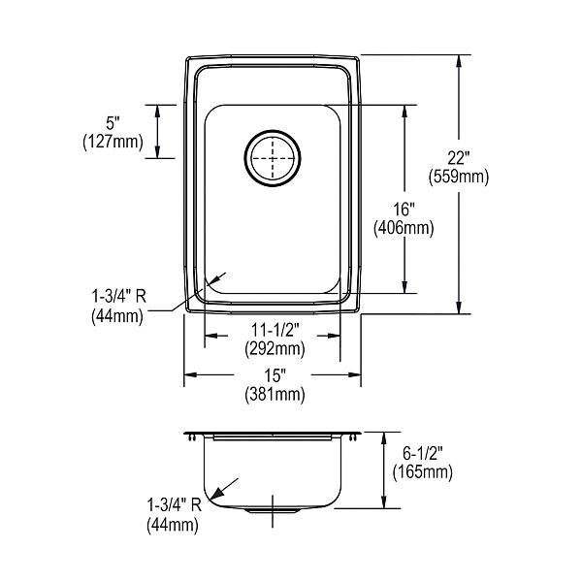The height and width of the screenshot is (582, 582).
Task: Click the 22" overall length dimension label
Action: (459, 158)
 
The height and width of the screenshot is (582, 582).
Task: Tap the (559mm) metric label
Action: (459, 177)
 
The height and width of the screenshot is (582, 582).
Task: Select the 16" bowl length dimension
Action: (404, 210)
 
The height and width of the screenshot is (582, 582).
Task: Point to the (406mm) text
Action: (404, 228)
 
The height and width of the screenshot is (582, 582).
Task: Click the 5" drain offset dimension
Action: (113, 123)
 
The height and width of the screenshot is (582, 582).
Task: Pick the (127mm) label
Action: (113, 142)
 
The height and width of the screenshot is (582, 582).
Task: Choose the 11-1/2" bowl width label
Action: (275, 330)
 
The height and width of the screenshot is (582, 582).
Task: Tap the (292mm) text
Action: (275, 349)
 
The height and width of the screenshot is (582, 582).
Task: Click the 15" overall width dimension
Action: (275, 375)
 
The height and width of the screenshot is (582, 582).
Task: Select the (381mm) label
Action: (275, 394)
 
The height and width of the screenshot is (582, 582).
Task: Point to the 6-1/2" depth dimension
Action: (423, 453)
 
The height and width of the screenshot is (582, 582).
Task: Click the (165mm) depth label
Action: (423, 472)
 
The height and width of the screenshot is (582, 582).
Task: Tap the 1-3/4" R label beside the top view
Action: (118, 296)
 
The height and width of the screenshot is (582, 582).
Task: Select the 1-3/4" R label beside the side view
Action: (174, 504)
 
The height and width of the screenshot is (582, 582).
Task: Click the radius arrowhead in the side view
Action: (216, 493)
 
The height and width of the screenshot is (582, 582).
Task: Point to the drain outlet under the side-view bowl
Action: (273, 511)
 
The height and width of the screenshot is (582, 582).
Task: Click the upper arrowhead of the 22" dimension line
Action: (459, 61)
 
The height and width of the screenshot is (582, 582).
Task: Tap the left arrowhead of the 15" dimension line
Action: (190, 374)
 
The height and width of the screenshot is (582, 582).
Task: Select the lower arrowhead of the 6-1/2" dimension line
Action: (384, 501)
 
